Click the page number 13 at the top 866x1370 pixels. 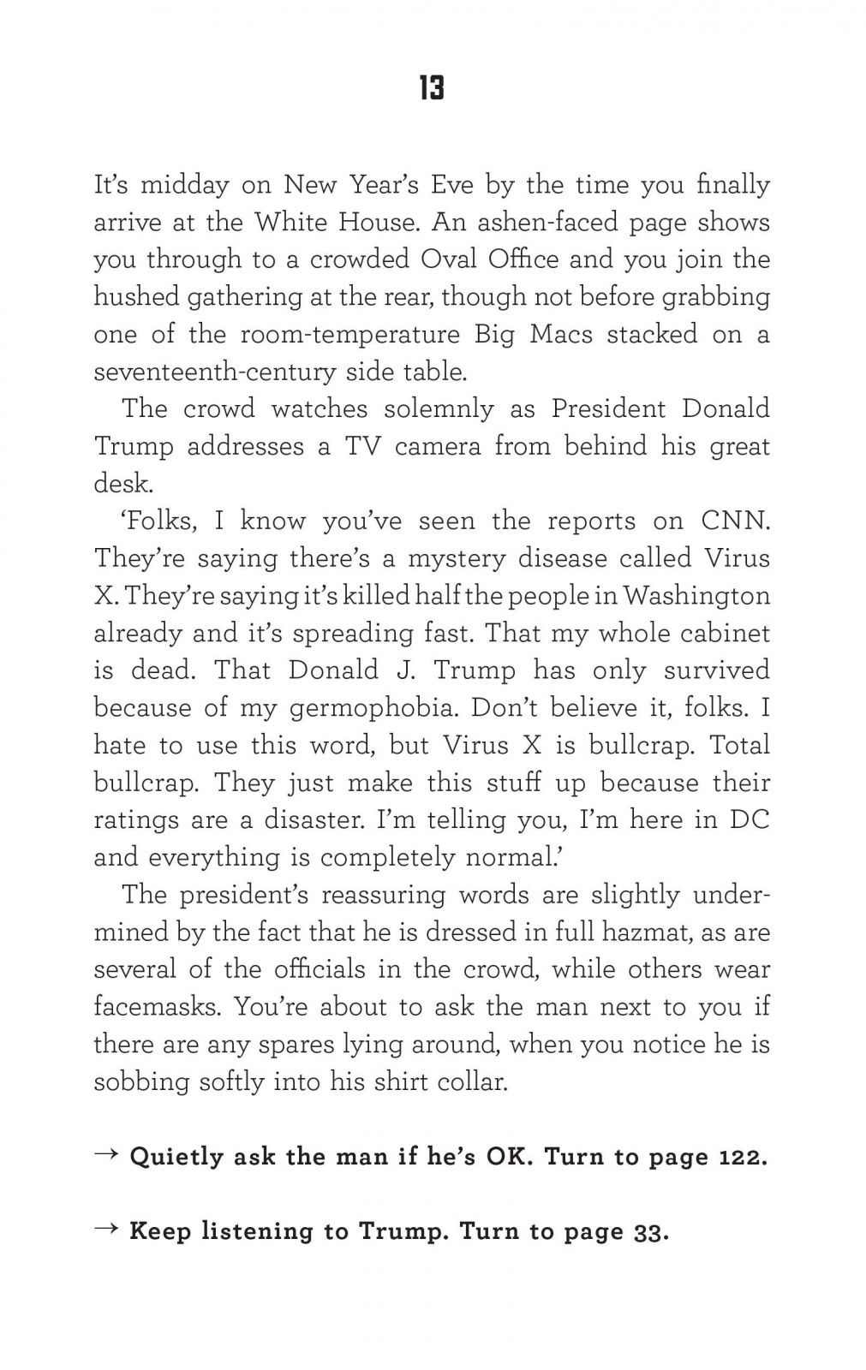432,88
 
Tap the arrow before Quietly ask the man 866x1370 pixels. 106,1155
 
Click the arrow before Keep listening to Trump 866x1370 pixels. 106,1230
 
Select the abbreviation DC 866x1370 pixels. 749,819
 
